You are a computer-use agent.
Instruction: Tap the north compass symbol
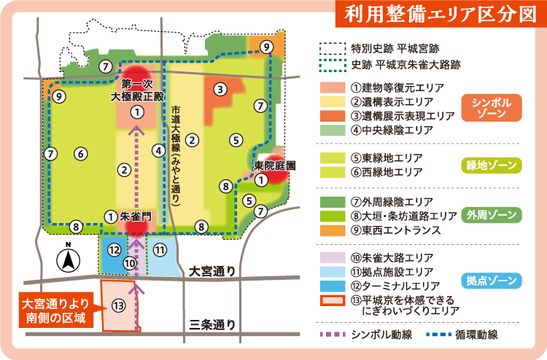(x=67, y=257)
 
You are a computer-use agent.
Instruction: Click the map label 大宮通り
(x=212, y=271)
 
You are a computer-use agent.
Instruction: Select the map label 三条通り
(x=212, y=325)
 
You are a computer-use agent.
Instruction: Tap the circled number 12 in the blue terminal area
(x=114, y=249)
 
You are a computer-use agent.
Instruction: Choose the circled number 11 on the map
(x=160, y=249)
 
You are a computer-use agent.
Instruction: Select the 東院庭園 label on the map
(x=274, y=166)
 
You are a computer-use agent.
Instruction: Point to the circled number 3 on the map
(x=219, y=89)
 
